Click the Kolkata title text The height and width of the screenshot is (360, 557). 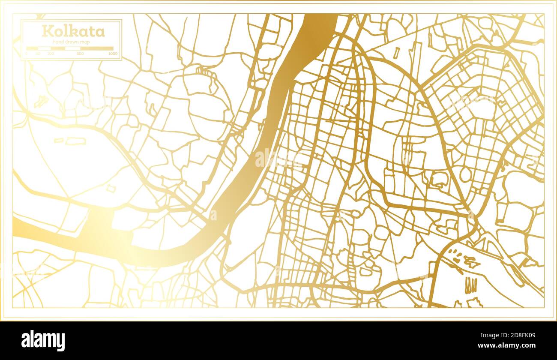tap(72, 31)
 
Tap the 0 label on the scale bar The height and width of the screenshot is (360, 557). tap(27, 54)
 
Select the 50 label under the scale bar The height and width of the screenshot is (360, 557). tap(38, 54)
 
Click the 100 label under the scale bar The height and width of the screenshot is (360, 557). tap(51, 54)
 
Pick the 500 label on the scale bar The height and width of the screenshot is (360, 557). tap(80, 54)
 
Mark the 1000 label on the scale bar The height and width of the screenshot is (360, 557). tap(113, 54)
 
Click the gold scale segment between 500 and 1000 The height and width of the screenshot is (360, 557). tap(97, 48)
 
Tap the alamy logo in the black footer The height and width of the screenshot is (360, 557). tap(43, 341)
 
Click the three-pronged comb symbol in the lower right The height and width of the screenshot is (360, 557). tap(470, 285)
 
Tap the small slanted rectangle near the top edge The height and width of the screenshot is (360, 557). tap(396, 52)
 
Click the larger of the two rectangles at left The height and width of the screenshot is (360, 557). tap(75, 141)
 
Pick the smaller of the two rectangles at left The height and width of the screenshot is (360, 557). tap(59, 140)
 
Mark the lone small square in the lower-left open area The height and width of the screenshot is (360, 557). tap(111, 189)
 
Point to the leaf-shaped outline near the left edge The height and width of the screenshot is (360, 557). tap(41, 101)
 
